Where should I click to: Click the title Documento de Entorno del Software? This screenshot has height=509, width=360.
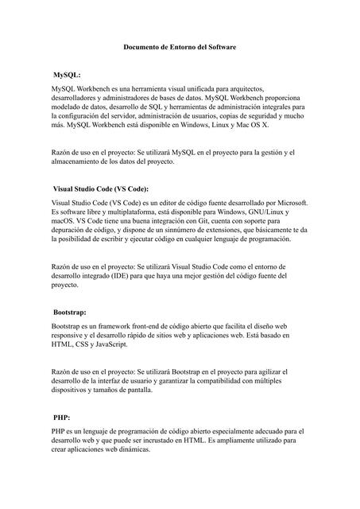[x=180, y=48]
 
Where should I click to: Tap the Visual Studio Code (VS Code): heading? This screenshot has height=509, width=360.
[x=100, y=189]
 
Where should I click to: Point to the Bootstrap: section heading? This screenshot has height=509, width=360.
[x=69, y=313]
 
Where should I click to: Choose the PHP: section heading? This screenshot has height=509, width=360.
[x=62, y=416]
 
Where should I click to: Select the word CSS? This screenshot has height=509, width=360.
[x=86, y=344]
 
